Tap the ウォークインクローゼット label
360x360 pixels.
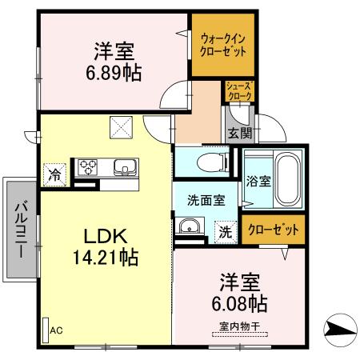pyautogui.click(x=222, y=43)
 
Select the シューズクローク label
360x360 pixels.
pyautogui.click(x=238, y=90)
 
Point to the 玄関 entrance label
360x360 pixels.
pyautogui.click(x=238, y=134)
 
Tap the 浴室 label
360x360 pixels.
pyautogui.click(x=258, y=181)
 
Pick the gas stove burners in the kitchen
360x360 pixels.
pyautogui.click(x=87, y=167)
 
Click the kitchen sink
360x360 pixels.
pyautogui.click(x=126, y=167)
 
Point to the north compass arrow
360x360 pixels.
pyautogui.click(x=338, y=327)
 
